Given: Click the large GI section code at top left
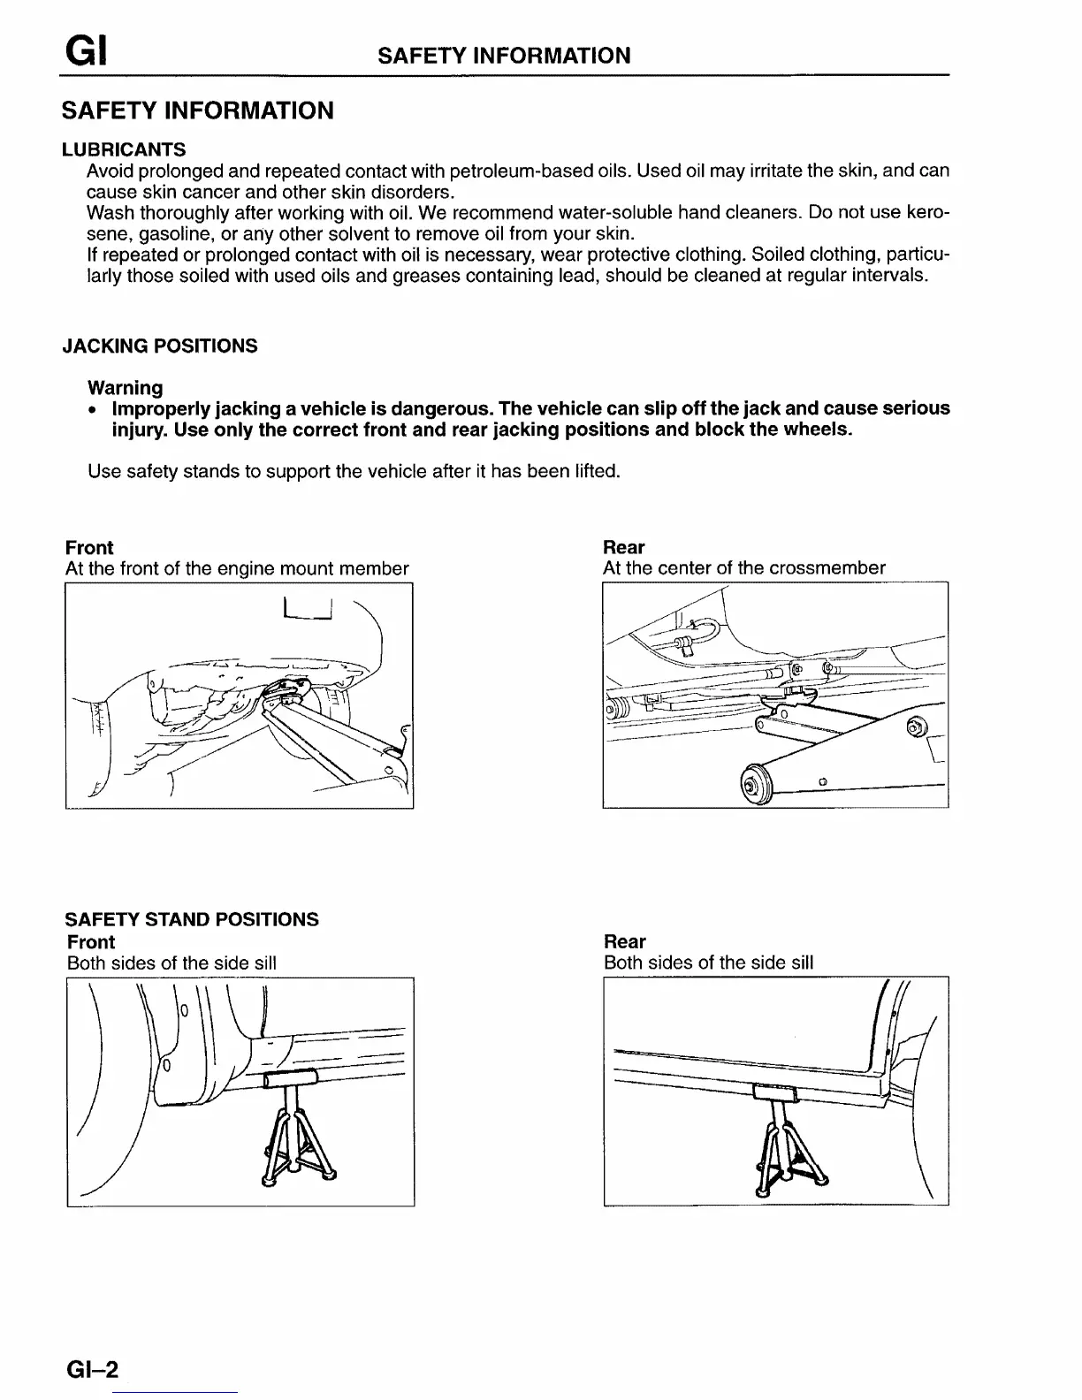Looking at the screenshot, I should pos(85,54).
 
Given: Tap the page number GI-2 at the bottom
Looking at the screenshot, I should pos(91,1369).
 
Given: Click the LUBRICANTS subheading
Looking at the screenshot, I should pos(124,148).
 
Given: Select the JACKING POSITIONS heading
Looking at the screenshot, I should pos(160,346).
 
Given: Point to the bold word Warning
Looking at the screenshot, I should pos(126,388).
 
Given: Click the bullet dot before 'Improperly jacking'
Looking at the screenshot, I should pos(91,410).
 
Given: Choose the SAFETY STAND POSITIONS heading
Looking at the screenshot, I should pos(192,919).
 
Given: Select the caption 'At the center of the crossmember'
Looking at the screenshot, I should pos(743,568).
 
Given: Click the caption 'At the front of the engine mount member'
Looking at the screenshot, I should pos(237,568).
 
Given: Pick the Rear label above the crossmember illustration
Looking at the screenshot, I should pos(623,547).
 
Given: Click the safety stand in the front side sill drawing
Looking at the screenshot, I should pos(294,1131).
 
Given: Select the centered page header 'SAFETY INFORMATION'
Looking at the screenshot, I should pos(504,56).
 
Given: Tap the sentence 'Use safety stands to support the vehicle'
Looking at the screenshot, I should pos(354,471).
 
